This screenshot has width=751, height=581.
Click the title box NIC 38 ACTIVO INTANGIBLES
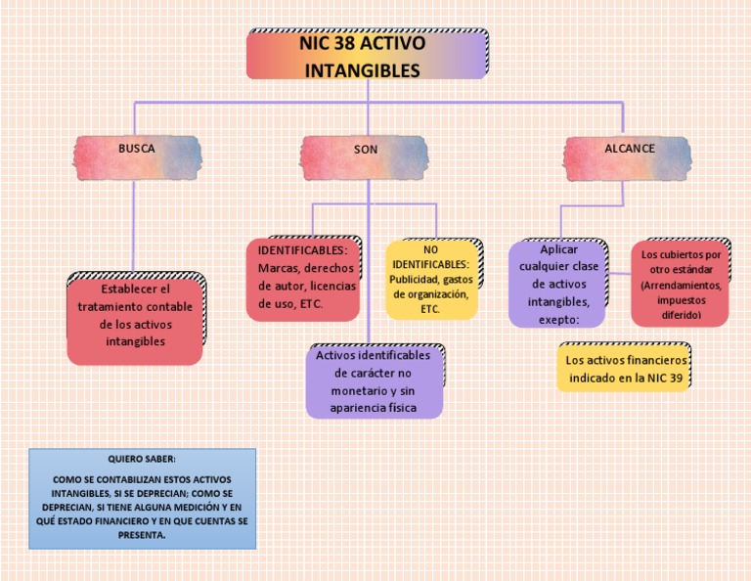pyautogui.click(x=367, y=56)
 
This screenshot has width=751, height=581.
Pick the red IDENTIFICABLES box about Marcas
pyautogui.click(x=302, y=279)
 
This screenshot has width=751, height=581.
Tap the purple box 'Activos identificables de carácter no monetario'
pyautogui.click(x=374, y=381)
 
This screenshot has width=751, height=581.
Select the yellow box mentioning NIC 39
pyautogui.click(x=624, y=368)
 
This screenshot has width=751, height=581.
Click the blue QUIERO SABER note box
pyautogui.click(x=143, y=498)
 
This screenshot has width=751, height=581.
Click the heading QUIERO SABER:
pyautogui.click(x=143, y=459)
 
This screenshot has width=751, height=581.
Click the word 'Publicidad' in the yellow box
pyautogui.click(x=407, y=279)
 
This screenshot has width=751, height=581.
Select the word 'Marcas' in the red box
pyautogui.click(x=277, y=268)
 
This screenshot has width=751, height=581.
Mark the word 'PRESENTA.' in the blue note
pyautogui.click(x=143, y=535)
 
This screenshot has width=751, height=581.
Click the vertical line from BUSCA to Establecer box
pyautogui.click(x=133, y=225)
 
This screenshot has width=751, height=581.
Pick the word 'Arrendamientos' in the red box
pyautogui.click(x=680, y=286)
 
